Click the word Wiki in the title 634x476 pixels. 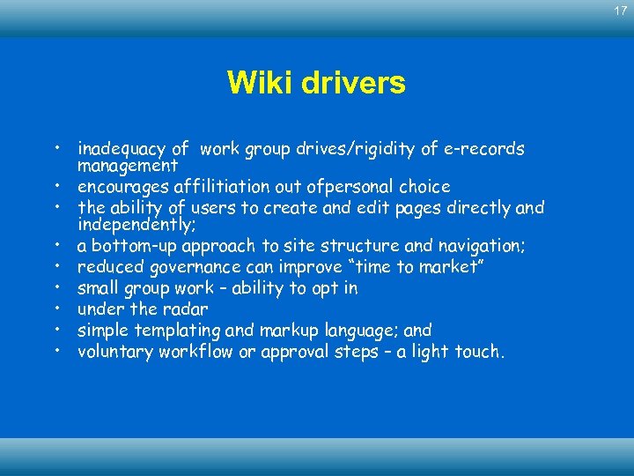(x=255, y=83)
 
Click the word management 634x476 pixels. (x=128, y=165)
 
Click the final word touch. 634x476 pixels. (x=483, y=351)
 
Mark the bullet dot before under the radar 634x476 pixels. (x=56, y=309)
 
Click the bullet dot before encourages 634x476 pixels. (x=56, y=187)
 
